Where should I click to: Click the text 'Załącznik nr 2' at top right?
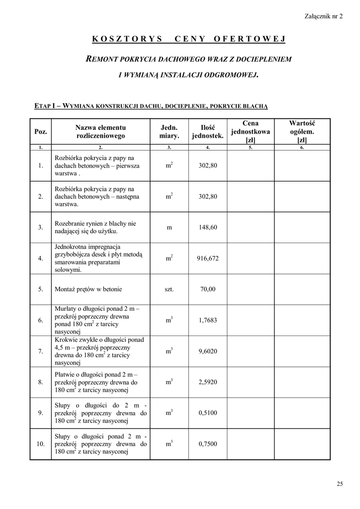pos(323,16)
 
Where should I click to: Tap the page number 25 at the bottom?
pos(340,484)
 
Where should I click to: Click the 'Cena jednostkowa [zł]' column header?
pos(251,131)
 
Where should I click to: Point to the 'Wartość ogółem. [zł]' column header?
pos(302,131)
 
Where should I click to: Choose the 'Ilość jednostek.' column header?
pos(208,131)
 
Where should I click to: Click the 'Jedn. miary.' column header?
pos(169,131)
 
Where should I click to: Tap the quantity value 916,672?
pos(208,258)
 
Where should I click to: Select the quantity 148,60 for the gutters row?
pos(208,227)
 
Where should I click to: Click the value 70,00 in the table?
pos(208,289)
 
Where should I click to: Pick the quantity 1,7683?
pos(208,320)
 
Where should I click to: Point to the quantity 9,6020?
pos(208,351)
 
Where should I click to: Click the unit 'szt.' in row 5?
pos(169,289)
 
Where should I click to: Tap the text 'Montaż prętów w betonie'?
pos(88,289)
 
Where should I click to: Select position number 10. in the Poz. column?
pos(41,443)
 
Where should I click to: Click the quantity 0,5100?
pos(208,413)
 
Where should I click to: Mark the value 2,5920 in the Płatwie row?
pos(208,382)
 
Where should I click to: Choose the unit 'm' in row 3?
pos(169,227)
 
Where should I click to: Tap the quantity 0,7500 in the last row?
pos(208,443)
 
